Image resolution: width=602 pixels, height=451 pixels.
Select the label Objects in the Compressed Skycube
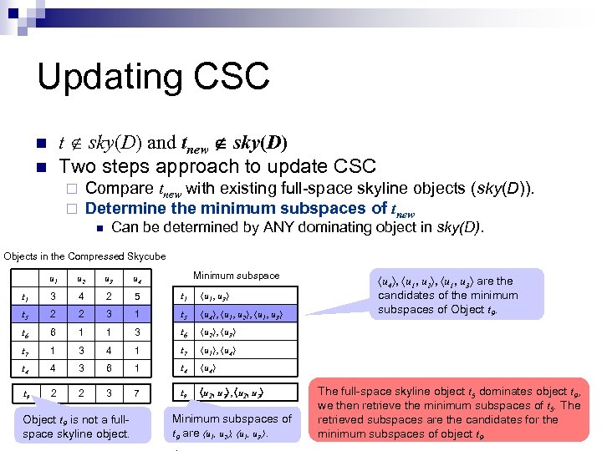[x=84, y=256]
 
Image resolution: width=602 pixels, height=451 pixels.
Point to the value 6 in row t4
[x=109, y=368]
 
